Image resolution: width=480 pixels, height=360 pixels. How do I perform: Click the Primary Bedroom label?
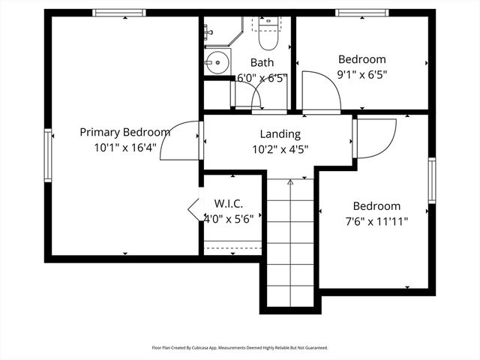click(125, 132)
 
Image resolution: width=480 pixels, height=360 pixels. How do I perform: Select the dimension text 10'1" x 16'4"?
click(125, 148)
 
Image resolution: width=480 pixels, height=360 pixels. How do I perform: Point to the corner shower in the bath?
click(217, 31)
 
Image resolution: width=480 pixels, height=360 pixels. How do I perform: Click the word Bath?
click(262, 62)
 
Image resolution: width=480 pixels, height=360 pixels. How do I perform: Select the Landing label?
click(280, 134)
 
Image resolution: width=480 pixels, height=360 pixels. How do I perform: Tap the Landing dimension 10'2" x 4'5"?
click(280, 148)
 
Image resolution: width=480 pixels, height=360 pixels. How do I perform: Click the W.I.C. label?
click(228, 203)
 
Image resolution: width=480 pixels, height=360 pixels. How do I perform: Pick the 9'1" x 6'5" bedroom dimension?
click(361, 74)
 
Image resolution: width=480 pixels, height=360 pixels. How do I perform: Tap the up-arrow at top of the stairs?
click(290, 182)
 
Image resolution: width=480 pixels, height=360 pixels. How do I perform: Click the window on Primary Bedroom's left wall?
click(48, 155)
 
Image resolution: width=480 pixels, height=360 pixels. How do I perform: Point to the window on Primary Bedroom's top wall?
click(119, 13)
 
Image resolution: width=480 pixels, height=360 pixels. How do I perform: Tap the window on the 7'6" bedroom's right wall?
click(432, 181)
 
